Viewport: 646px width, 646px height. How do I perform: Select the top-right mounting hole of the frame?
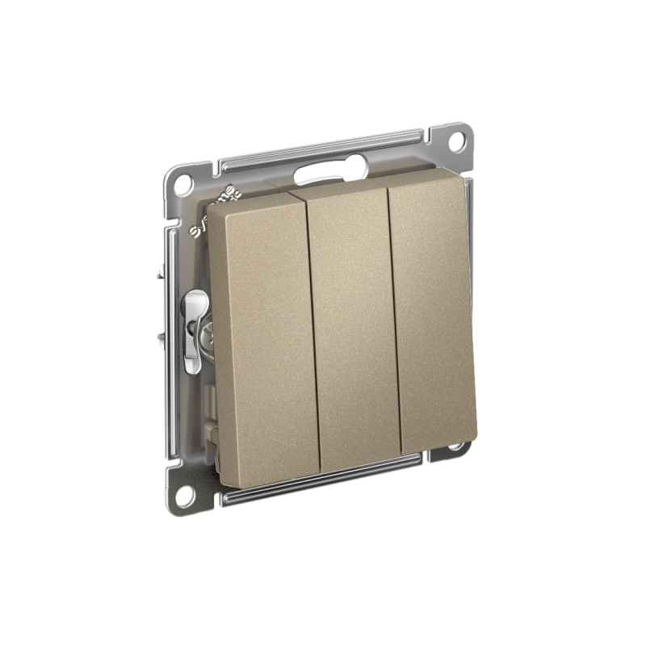pos(456,139)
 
